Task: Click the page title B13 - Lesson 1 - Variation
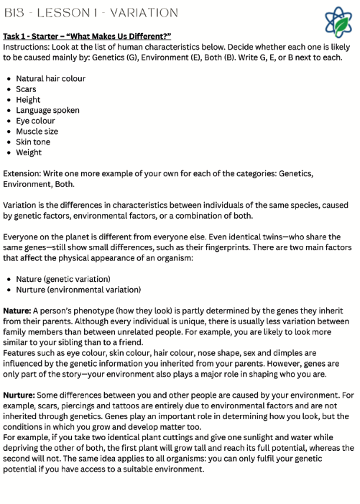(x=91, y=12)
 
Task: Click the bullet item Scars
(x=27, y=89)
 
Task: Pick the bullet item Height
(x=28, y=100)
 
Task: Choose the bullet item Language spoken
(x=47, y=110)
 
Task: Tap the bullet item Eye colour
(x=36, y=121)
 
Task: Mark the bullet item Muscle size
(x=38, y=132)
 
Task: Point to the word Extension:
(x=25, y=173)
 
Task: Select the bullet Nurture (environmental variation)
(x=78, y=289)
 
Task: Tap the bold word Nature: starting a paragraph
(x=19, y=310)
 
